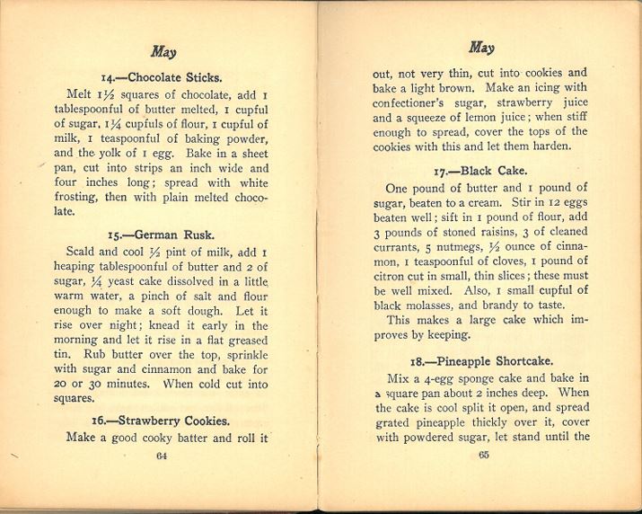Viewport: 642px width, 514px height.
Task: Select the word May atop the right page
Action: (481, 47)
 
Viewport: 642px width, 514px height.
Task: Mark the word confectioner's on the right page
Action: (410, 104)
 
